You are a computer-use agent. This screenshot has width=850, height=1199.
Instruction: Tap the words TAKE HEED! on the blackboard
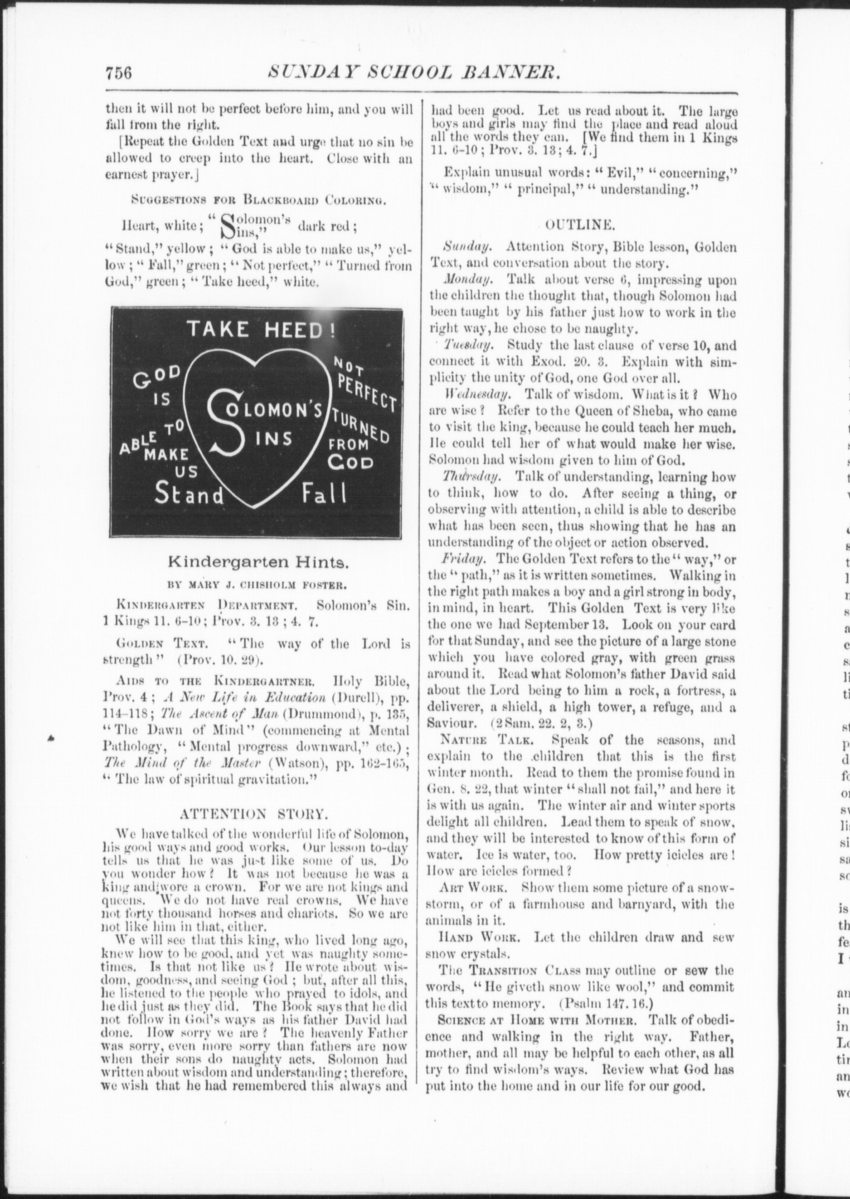[x=261, y=329]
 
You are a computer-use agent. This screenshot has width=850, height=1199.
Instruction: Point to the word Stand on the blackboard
[x=189, y=494]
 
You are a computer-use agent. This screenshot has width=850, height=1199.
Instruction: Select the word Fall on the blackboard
[x=324, y=493]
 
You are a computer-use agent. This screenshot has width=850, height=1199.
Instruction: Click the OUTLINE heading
[x=581, y=224]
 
